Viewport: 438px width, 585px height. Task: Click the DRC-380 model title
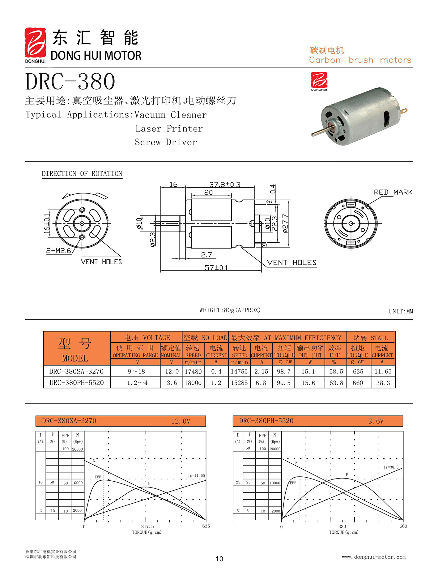point(70,82)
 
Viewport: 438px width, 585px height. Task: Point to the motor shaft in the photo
point(321,131)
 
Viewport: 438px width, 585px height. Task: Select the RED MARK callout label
point(393,192)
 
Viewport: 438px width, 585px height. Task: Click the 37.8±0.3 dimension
point(225,184)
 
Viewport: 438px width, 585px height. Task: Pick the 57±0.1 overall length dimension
point(216,268)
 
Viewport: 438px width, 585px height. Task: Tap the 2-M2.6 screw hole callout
point(59,251)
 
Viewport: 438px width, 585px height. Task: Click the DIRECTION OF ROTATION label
point(82,174)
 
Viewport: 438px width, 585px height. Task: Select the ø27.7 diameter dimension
point(285,223)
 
